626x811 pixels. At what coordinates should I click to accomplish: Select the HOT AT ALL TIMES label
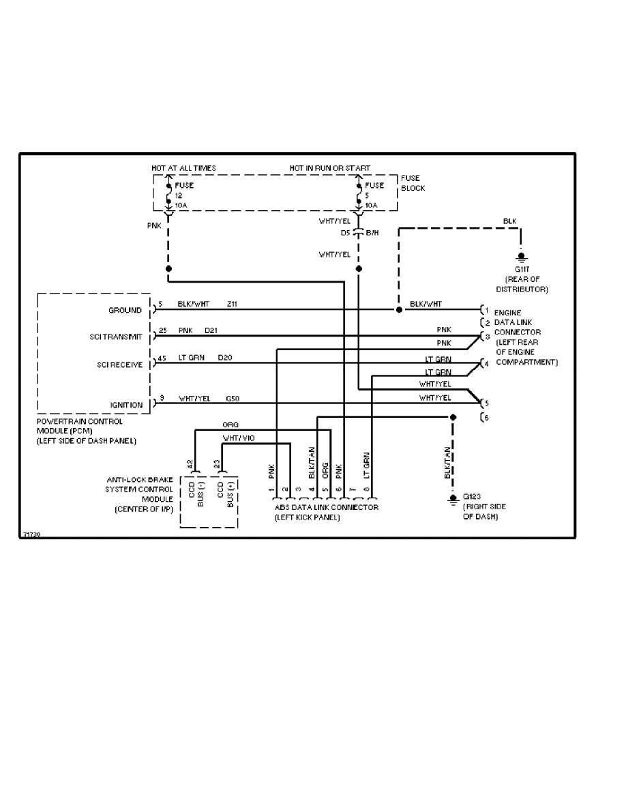click(x=183, y=168)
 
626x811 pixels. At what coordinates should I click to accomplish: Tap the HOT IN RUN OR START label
click(x=330, y=168)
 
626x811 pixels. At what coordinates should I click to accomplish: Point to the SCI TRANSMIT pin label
click(x=116, y=337)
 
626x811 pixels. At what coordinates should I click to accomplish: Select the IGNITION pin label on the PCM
click(x=127, y=405)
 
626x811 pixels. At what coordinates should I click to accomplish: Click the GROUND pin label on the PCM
click(x=126, y=310)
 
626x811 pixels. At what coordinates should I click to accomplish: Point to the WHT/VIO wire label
click(x=239, y=438)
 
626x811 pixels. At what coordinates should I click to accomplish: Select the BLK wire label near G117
click(x=509, y=221)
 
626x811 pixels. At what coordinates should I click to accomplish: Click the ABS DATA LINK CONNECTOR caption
click(x=326, y=508)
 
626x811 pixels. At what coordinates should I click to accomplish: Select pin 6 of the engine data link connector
click(x=485, y=417)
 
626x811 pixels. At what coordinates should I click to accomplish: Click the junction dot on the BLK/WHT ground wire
click(x=399, y=309)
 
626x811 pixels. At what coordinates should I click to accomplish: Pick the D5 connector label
click(x=346, y=233)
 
